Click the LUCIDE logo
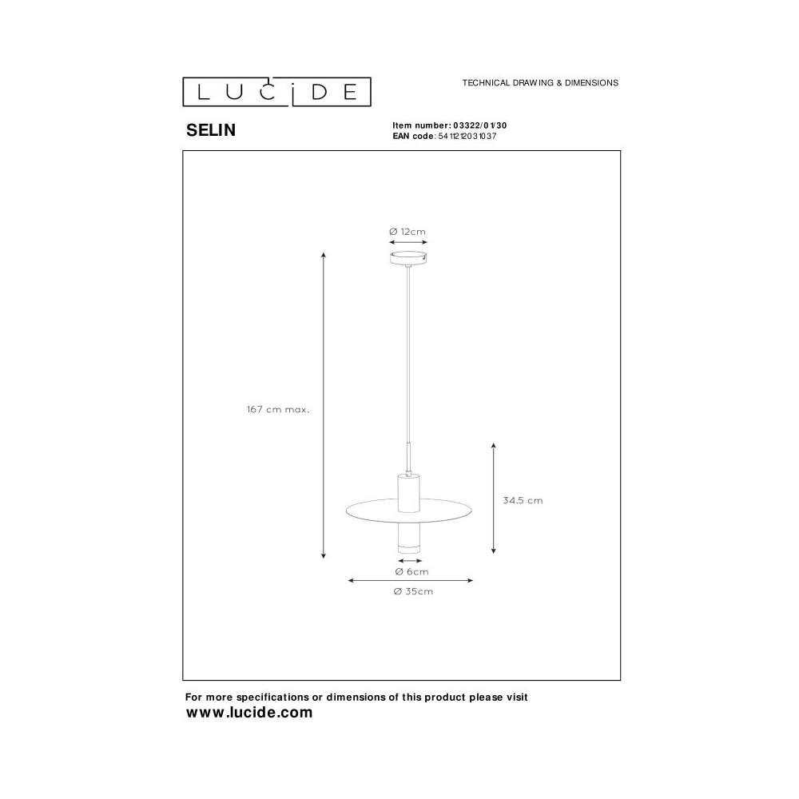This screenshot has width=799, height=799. pyautogui.click(x=276, y=92)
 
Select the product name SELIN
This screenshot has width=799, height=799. pyautogui.click(x=211, y=130)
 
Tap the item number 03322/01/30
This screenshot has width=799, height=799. pyautogui.click(x=480, y=125)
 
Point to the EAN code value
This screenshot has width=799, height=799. pyautogui.click(x=467, y=136)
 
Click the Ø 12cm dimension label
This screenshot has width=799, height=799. pyautogui.click(x=407, y=232)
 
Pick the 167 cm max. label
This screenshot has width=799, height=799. pyautogui.click(x=278, y=409)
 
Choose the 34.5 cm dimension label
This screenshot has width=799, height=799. pyautogui.click(x=523, y=500)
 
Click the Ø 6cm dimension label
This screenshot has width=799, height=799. pyautogui.click(x=411, y=572)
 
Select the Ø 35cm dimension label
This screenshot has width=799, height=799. pyautogui.click(x=413, y=591)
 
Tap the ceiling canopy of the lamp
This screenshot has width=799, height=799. pyautogui.click(x=408, y=258)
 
